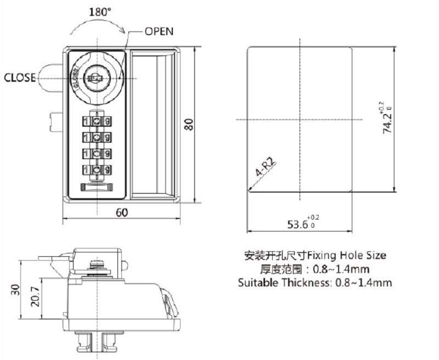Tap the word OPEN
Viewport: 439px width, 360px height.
(159, 31)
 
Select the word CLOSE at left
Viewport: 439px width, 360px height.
(20, 77)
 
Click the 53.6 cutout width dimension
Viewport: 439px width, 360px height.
(298, 224)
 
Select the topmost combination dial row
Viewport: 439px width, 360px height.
(97, 120)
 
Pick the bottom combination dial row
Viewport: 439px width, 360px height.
(97, 170)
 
